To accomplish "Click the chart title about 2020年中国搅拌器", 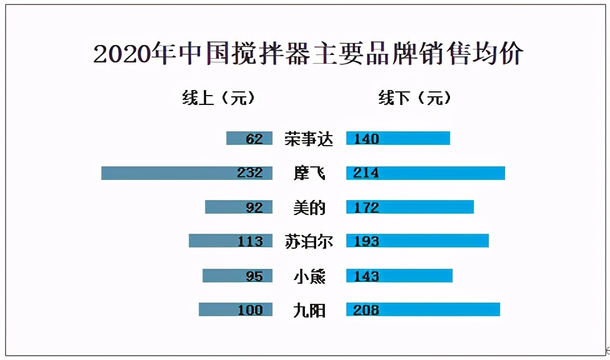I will coord(307,54).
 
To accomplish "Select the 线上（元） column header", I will coord(219,98).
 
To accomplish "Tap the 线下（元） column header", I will coord(414,98).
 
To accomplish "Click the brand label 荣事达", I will coord(309,139).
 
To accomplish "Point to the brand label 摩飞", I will coord(309,173).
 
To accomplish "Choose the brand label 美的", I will coord(309,207).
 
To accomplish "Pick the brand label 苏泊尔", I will coord(309,241).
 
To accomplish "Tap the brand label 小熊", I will coord(309,276).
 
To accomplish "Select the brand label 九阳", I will coord(309,310).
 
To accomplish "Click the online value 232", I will coord(250,173).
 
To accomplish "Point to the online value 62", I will coord(254,139).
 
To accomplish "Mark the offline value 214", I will coord(366,173).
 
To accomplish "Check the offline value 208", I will coord(366,310).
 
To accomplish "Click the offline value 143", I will coord(366,276).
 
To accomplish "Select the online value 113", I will coord(250,241).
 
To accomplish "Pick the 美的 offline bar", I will coord(425,207).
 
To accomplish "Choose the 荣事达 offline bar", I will coord(413,139).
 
